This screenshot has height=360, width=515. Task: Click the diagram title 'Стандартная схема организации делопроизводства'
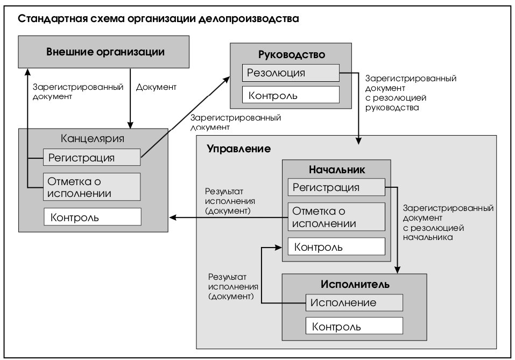tap(158, 18)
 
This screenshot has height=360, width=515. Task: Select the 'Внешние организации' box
tap(103, 52)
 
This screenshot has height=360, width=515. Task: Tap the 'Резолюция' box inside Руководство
tap(291, 73)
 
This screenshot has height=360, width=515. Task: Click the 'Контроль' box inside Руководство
tap(291, 95)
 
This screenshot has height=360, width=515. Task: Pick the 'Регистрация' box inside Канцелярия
tap(91, 157)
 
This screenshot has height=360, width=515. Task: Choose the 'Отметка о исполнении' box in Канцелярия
tap(91, 187)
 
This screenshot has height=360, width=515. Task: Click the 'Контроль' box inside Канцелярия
tap(93, 217)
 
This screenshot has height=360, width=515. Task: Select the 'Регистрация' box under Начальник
tap(336, 187)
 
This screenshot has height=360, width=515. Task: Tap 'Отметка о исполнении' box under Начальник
tap(336, 217)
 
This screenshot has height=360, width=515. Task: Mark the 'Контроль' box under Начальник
tap(336, 246)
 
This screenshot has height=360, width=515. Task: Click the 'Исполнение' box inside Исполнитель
tap(354, 302)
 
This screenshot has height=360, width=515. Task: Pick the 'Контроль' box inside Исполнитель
tap(354, 326)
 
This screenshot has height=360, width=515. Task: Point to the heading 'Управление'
tap(239, 149)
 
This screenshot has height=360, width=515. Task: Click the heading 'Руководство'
tap(292, 54)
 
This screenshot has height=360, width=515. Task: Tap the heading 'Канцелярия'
tap(93, 138)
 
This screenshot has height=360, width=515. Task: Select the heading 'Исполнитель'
tap(355, 284)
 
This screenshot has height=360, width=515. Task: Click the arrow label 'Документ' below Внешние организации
tap(157, 87)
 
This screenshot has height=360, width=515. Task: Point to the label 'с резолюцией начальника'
tap(433, 232)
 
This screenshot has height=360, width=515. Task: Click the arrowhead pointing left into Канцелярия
tap(173, 217)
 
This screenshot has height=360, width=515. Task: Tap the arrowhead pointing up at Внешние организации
tap(28, 72)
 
